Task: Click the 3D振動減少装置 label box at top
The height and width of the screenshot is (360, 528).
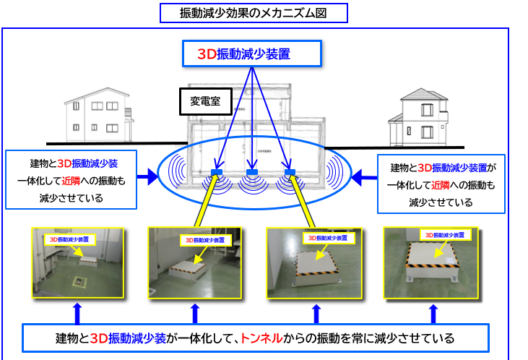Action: click(x=249, y=54)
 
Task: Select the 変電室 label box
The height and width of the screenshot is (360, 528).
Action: click(x=206, y=102)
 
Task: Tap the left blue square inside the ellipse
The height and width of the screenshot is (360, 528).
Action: click(x=216, y=172)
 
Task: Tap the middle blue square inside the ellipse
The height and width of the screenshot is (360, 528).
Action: click(x=252, y=172)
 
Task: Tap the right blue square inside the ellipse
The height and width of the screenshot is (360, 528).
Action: click(x=290, y=172)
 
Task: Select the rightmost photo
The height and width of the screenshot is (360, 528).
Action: click(x=432, y=264)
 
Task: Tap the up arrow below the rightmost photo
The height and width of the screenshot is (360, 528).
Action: click(x=432, y=312)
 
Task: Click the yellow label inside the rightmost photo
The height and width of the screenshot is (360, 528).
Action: click(x=443, y=235)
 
